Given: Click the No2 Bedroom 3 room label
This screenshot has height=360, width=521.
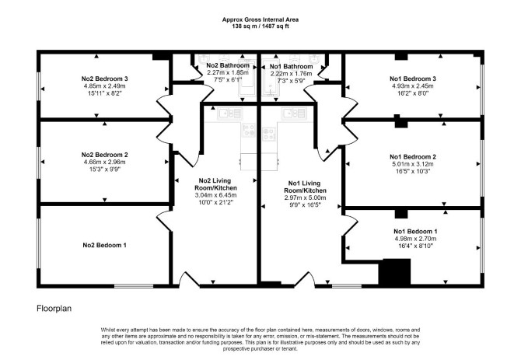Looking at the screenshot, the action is point(105,79).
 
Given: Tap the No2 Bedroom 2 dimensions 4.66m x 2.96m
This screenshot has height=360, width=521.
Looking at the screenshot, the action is point(105,162).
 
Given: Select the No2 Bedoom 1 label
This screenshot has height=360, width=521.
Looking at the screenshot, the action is point(105,245).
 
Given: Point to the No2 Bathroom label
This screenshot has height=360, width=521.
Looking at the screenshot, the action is point(228,65).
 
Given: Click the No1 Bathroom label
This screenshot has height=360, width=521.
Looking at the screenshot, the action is point(291,66).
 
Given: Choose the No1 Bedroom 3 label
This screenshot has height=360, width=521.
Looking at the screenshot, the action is point(413,79).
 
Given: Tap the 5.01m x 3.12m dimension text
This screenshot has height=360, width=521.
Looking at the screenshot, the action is point(413,164).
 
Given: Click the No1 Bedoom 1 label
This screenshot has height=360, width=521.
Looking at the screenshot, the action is point(415,231).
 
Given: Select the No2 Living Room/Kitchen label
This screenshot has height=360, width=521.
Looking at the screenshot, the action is point(215,184).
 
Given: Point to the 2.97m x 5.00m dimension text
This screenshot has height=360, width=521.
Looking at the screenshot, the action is point(305,198).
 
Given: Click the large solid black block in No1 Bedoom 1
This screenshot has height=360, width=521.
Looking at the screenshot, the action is point(395,271).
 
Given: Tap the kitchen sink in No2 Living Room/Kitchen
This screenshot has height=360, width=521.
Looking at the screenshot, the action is point(229,114).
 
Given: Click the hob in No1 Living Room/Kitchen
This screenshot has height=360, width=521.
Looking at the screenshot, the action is point(269,134).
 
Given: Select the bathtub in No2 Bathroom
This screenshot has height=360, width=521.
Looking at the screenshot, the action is point(247,78).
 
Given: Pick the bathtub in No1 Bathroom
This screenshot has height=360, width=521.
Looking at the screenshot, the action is point(270,78).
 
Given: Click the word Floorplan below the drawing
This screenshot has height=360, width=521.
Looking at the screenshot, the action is point(54,309).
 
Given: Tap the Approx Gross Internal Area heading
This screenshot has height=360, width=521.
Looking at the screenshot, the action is point(260,19).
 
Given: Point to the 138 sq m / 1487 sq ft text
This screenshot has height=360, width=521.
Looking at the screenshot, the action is point(260,26).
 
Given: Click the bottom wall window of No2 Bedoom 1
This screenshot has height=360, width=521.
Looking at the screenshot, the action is point(134,285).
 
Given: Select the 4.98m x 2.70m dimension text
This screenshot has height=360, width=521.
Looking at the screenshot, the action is point(415,239).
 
